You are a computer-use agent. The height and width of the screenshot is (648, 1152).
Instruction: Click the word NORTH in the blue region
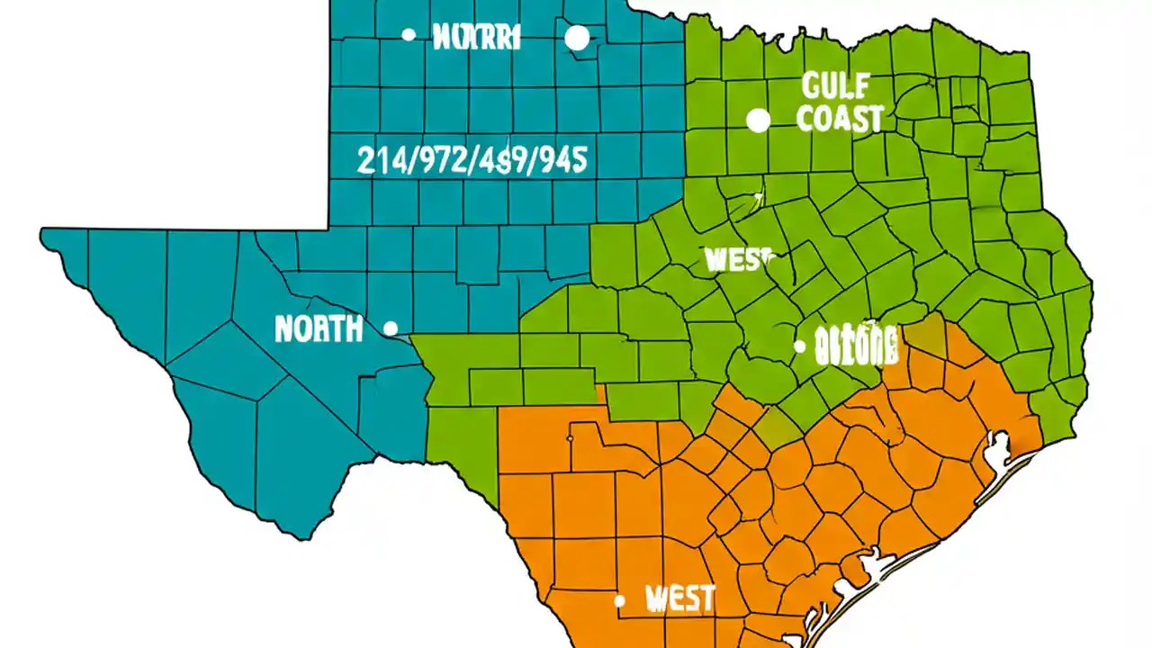pos(319,329)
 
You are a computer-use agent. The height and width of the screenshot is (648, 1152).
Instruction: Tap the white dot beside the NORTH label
pos(391,328)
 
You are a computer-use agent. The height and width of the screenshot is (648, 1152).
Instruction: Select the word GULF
pos(834,87)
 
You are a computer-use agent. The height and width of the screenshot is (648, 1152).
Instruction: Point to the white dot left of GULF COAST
pos(759,121)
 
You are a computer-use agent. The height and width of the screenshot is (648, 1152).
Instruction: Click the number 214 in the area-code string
pos(378,160)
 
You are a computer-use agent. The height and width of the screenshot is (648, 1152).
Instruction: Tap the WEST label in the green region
pos(739,259)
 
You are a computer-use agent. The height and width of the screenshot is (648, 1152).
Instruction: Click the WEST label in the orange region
pos(680,598)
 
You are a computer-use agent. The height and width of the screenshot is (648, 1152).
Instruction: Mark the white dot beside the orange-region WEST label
pos(619,600)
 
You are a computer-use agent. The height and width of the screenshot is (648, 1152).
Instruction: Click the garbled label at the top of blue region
pos(476,37)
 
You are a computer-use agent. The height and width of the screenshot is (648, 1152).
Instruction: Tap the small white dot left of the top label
pos(409,35)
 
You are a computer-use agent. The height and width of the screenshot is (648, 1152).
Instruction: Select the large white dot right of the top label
pos(577,38)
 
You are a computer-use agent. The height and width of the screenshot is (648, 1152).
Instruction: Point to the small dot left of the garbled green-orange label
pos(799,346)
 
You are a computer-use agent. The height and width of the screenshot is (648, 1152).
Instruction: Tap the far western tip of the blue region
pos(41,236)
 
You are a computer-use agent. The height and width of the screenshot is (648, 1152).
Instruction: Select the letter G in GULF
pos(809,87)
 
